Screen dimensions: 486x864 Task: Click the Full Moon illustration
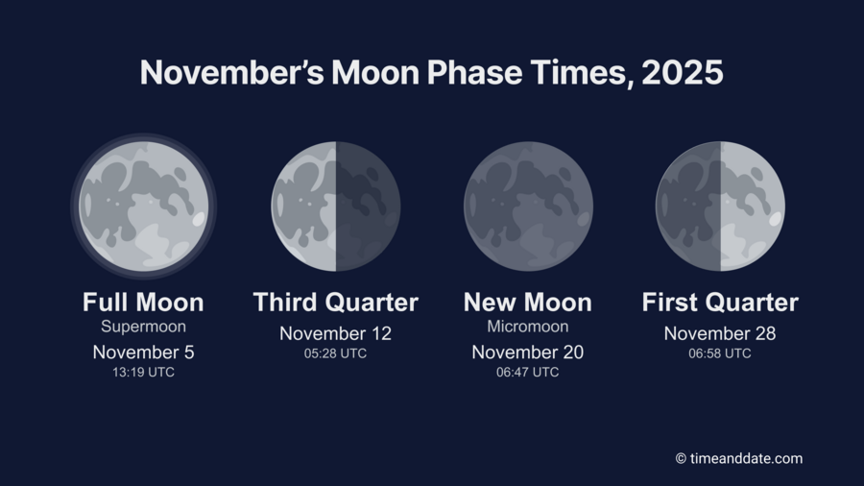143,206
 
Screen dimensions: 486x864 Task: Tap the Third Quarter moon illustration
335,206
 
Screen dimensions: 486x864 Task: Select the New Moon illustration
528,206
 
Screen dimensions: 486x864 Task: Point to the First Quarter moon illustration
720,206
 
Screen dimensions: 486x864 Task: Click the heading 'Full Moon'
143,303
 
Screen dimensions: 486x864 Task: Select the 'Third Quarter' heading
335,303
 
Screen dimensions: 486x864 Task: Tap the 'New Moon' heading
528,303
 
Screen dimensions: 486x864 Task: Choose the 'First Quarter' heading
720,303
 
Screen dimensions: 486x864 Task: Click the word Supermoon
143,327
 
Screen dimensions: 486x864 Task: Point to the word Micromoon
528,327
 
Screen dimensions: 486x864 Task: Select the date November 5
143,352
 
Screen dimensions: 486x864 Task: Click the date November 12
335,333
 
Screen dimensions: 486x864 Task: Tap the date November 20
528,352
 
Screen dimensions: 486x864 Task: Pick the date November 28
720,333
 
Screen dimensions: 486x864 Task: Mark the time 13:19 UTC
143,373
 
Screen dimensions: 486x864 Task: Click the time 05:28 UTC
335,353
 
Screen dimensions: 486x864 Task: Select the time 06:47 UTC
528,373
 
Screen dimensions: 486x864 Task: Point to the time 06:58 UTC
720,353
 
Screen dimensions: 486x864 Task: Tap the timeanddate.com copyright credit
738,459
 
